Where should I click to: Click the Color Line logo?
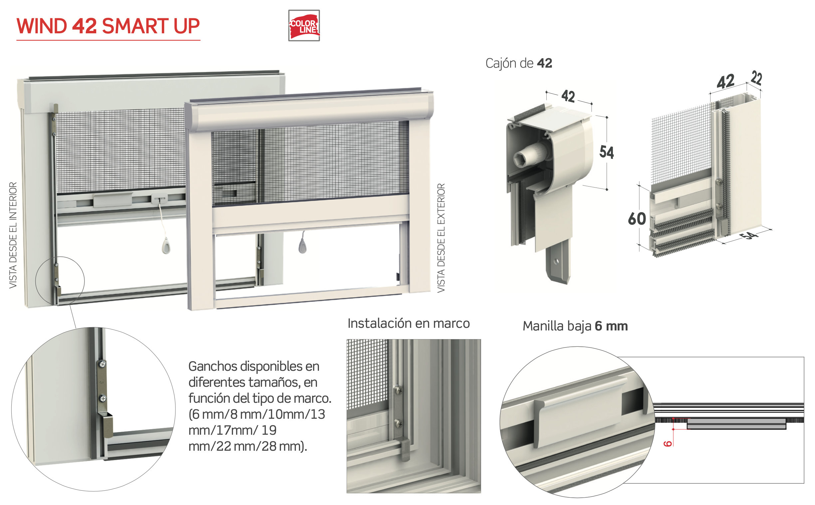point(304,25)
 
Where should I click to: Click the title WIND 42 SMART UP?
point(108,26)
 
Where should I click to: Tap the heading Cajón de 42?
point(518,63)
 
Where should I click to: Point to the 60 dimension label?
point(637,219)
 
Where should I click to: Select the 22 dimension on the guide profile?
point(756,79)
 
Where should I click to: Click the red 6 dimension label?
point(667,444)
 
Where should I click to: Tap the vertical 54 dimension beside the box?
point(606,152)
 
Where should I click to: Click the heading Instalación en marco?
point(408,323)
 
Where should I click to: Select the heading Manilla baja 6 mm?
point(575,326)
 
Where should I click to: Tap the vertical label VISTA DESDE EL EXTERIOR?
point(441,238)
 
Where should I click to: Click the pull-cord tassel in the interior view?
point(166,248)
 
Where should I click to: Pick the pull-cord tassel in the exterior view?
point(302,247)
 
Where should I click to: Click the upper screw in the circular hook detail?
point(103,364)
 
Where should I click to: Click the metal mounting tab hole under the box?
point(556,261)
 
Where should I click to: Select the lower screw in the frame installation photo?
point(399,424)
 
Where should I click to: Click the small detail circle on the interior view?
point(60,280)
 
